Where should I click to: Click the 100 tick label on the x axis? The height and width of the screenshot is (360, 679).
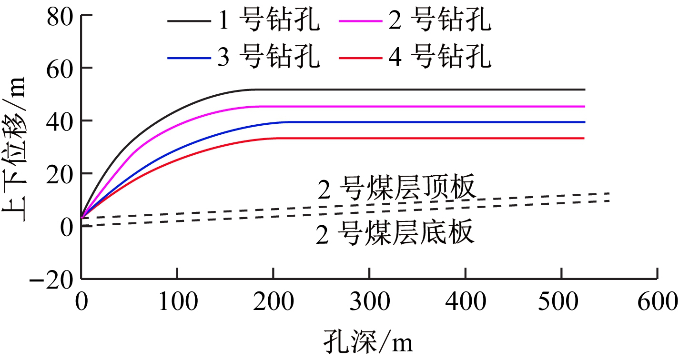177,301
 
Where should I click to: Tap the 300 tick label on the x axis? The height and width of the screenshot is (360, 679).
369,301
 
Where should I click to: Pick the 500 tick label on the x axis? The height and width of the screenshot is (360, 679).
561,301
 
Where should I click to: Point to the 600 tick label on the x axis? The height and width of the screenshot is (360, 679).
658,301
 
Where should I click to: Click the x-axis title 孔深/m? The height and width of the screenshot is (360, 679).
367,341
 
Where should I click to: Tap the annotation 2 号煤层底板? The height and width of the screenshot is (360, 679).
395,234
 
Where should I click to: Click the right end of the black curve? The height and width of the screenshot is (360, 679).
584,90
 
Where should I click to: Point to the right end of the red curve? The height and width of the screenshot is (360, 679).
584,138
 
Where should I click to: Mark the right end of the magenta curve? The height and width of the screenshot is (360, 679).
584,107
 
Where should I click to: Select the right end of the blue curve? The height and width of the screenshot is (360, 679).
584,122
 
